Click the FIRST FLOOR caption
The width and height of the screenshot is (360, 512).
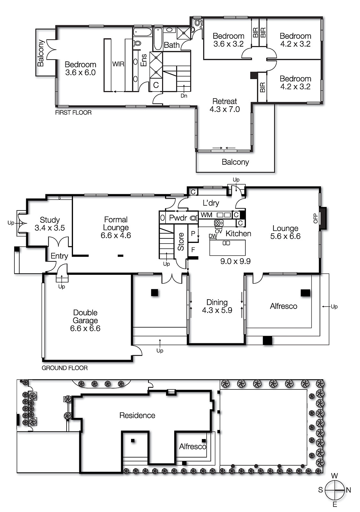point(73,113)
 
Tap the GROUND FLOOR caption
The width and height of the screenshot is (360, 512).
point(64,368)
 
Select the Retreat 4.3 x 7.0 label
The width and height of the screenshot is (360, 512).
point(225,105)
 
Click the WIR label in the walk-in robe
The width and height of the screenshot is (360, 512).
point(118,64)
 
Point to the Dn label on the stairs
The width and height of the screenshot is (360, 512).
point(184,96)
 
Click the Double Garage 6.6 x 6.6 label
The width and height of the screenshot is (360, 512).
point(85,320)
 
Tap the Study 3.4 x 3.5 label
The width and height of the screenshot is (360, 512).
point(50,224)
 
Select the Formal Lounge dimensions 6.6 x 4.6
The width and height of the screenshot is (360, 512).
point(116,236)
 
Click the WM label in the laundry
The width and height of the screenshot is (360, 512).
point(206,215)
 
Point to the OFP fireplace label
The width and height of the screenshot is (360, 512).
point(315,218)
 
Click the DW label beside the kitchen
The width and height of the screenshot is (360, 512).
point(213,236)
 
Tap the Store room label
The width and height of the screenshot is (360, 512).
point(181,241)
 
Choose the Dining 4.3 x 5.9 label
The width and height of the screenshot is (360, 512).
point(217,306)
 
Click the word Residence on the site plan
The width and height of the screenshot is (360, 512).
point(137,415)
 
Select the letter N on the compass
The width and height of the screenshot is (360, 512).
point(348,490)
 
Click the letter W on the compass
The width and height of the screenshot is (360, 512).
point(334,476)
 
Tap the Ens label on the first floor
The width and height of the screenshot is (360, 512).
point(144,60)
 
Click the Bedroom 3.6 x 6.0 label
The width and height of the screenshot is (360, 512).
point(80,68)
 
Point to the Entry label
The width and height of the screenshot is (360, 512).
point(59,256)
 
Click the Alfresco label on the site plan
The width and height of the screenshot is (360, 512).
point(192,446)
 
